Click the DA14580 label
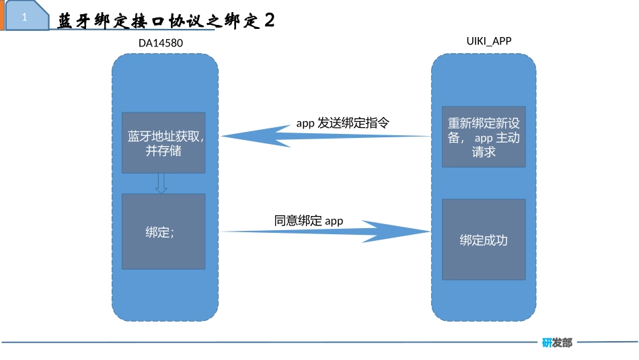[161, 44]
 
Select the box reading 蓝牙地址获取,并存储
[163, 143]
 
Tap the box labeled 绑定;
[163, 231]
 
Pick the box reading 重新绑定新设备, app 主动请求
[484, 137]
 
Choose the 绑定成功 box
[484, 240]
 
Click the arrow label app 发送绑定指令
[343, 123]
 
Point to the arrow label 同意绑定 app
[309, 220]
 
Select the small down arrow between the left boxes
[161, 184]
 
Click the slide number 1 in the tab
[25, 18]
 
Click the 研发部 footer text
[557, 343]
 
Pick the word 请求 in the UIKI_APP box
[484, 152]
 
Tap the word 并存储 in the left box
[163, 151]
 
